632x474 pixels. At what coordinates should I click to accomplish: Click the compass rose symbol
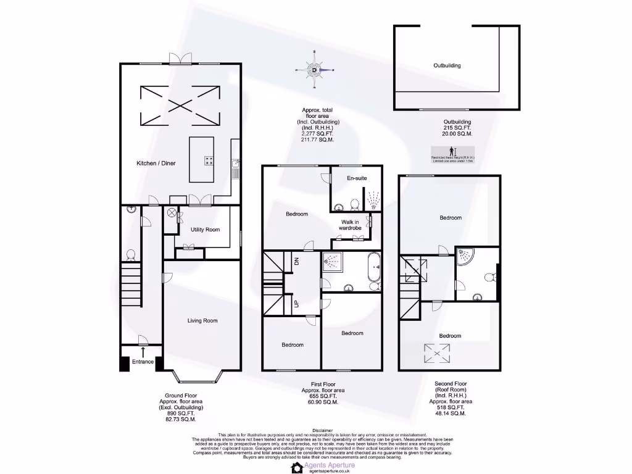coord(315,70)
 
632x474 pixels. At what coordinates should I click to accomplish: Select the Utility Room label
coord(205,229)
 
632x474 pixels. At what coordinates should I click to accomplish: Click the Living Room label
coord(202,320)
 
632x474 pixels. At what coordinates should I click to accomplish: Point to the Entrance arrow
coord(143,352)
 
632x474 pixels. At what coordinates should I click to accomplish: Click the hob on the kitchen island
coord(209,161)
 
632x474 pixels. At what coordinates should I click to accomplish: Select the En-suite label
coord(356,178)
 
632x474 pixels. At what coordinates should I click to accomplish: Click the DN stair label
coord(296,261)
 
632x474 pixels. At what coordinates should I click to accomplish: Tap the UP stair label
coord(296,304)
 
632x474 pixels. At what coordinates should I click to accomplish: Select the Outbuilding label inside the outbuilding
coord(447,65)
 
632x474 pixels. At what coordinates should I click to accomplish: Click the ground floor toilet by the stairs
coord(130,255)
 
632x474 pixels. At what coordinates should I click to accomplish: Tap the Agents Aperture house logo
coord(296,467)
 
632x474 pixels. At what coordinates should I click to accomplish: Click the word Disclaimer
coord(322,430)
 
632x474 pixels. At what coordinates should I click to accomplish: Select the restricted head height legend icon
coord(452,151)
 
